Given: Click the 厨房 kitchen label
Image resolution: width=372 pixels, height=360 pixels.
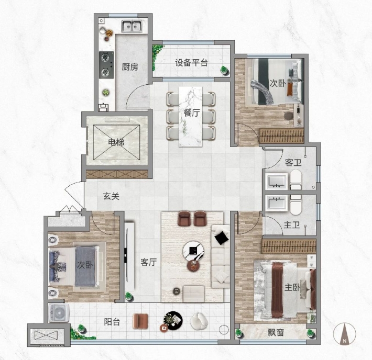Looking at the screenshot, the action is click(130, 67).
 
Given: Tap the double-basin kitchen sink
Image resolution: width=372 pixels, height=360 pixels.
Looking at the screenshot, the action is click(132, 26).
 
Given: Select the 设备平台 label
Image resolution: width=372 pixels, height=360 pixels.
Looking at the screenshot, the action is click(191, 63).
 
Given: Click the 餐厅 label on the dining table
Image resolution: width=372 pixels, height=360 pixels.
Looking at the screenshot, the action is click(191, 113).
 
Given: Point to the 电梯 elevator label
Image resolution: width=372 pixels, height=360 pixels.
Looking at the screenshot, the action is click(116, 142).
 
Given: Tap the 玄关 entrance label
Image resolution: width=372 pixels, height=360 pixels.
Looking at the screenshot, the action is click(111, 196).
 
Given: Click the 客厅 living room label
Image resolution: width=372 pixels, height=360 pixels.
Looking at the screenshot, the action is click(148, 262).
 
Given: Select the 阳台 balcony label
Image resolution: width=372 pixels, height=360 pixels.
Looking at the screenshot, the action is click(112, 322).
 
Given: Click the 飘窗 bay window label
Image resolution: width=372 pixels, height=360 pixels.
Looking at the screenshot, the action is click(276, 333).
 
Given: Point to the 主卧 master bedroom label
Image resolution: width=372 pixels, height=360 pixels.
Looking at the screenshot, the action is click(292, 287).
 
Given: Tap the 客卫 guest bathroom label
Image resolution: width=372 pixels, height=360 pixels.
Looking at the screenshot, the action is click(293, 163).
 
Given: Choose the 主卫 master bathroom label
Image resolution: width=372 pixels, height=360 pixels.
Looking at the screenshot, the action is click(292, 224).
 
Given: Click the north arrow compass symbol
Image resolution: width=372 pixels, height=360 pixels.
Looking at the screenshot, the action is click(344, 334).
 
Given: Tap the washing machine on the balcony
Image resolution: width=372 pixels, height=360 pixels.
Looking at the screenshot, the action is click(59, 313).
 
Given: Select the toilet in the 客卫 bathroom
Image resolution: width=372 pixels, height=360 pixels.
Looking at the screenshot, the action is click(296, 180).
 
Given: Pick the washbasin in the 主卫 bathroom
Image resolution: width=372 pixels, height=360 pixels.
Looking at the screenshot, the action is click(277, 203).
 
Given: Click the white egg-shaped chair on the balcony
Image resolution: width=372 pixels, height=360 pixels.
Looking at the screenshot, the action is click(199, 321).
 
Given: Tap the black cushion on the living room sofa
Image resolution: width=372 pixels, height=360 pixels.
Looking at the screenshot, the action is click(222, 238).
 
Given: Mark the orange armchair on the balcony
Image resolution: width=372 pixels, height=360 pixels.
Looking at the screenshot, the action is click(140, 321).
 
